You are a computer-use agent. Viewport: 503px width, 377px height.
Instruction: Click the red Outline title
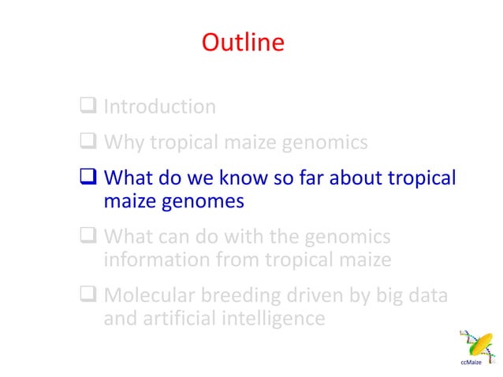[243, 42]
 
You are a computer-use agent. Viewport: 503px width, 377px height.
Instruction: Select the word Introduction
[160, 106]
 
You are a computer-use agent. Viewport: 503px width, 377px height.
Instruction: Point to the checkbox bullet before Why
[88, 143]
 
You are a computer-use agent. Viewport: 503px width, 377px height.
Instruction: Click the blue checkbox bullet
[88, 178]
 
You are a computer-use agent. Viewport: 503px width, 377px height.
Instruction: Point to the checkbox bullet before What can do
[88, 237]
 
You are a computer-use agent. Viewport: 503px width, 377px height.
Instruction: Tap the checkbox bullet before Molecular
[88, 296]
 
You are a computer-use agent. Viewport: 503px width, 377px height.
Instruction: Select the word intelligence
[274, 319]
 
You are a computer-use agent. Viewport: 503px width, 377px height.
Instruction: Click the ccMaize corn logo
[475, 348]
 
